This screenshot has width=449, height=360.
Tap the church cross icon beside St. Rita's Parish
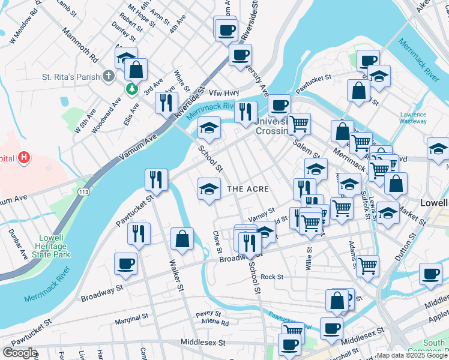(x=108, y=76)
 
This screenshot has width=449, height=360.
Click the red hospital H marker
(x=23, y=158)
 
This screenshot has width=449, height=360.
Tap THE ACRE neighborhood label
(x=247, y=189)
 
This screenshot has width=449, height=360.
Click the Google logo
(x=19, y=353)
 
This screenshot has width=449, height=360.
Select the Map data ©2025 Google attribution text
(x=412, y=355)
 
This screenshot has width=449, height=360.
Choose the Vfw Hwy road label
(x=224, y=92)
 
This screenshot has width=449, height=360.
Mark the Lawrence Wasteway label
(x=414, y=118)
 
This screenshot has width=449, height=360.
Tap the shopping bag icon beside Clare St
(x=182, y=238)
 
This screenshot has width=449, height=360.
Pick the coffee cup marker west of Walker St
(x=125, y=263)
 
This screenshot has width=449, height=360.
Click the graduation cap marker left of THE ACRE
(x=208, y=189)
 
